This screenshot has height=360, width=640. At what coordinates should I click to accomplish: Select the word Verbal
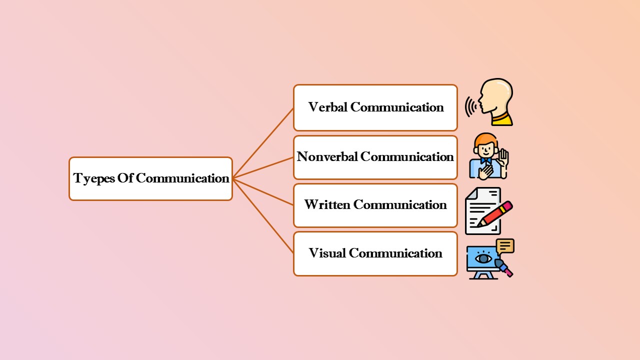click(328, 107)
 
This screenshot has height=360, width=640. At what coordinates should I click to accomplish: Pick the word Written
click(327, 205)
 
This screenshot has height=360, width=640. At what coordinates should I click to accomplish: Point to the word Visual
click(327, 253)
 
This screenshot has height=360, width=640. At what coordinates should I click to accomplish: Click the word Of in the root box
click(125, 178)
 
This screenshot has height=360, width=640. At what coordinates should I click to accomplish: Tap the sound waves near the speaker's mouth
click(470, 107)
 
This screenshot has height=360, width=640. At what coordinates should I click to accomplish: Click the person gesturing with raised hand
click(488, 156)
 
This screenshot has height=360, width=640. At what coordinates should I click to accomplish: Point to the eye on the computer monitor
click(482, 258)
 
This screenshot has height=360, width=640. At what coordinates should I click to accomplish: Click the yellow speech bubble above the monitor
click(505, 246)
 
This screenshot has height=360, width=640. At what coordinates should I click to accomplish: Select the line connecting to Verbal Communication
click(263, 143)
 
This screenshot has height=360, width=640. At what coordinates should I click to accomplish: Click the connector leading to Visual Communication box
click(263, 215)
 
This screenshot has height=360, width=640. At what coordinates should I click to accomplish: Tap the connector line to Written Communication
click(263, 191)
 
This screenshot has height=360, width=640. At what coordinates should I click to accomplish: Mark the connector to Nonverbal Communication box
click(263, 167)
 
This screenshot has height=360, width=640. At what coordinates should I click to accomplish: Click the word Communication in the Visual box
click(395, 253)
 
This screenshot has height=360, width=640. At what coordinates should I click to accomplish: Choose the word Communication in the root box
click(182, 178)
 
